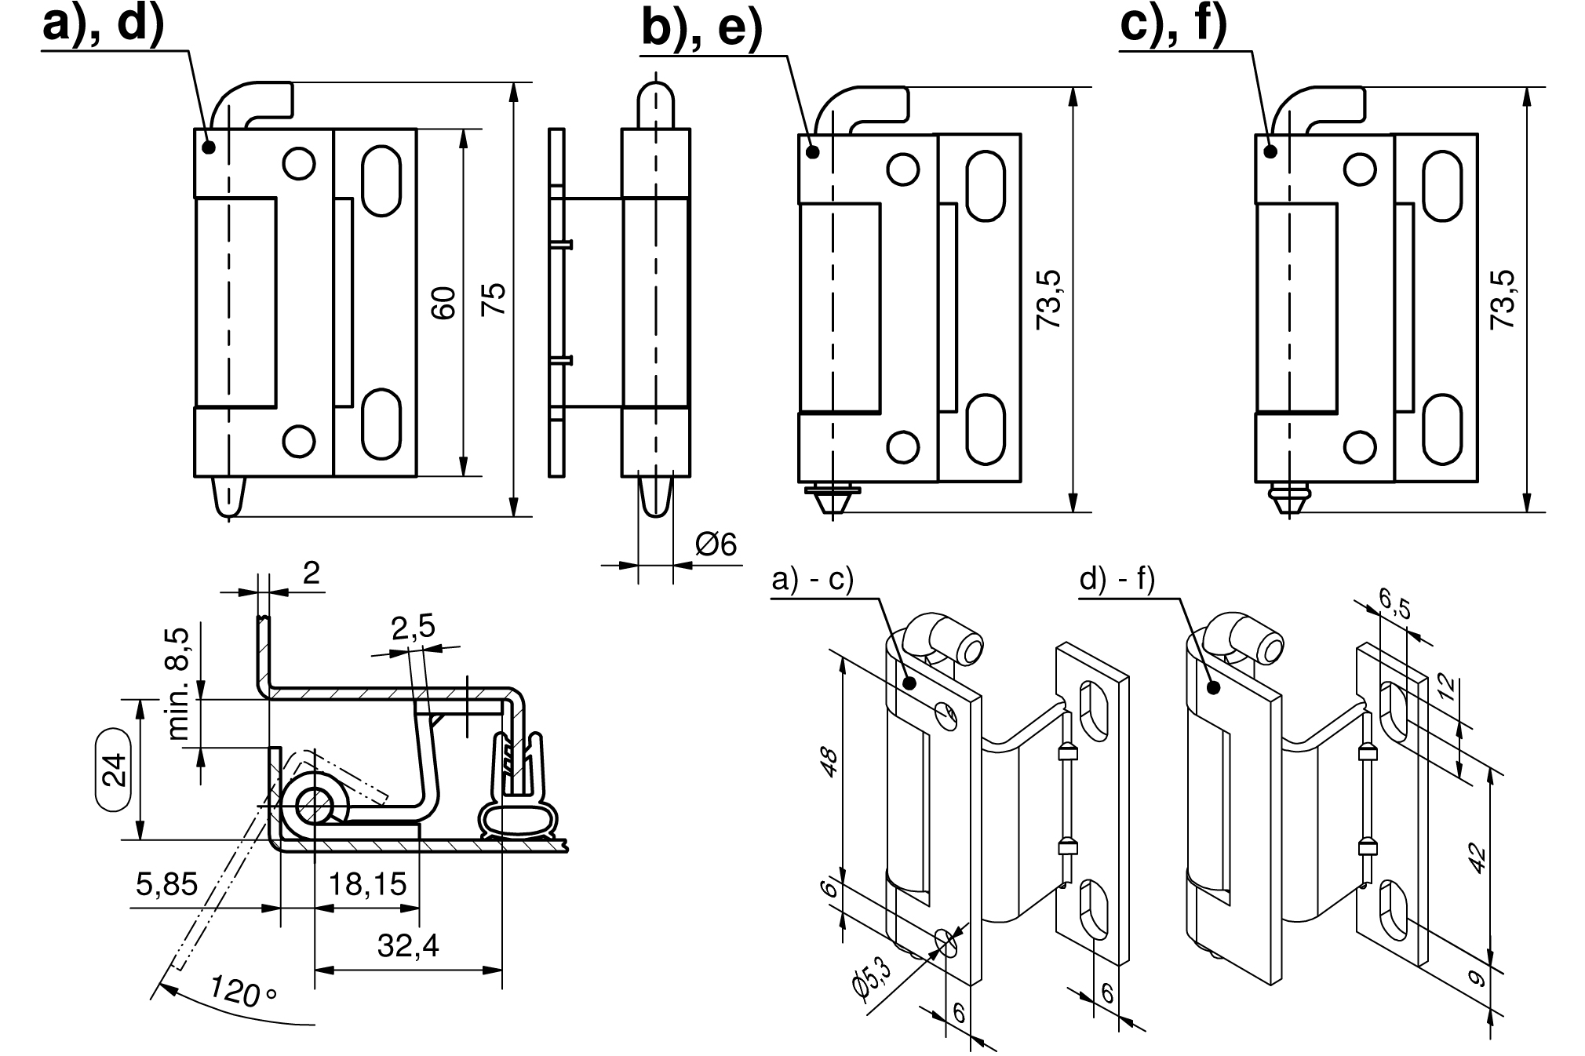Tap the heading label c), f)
[1173, 25]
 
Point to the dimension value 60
[444, 303]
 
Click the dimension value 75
[494, 300]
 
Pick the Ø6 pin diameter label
[716, 544]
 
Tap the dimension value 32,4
[407, 946]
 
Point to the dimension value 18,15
[367, 884]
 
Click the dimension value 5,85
[166, 884]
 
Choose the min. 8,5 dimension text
[179, 683]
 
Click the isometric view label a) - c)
[813, 581]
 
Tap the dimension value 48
[829, 760]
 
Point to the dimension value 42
[1475, 858]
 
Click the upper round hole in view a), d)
[299, 164]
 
